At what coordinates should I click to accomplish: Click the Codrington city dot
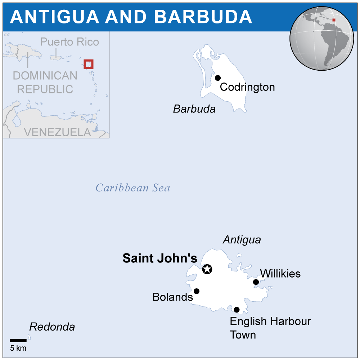pos(217,78)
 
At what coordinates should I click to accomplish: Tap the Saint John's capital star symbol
pos(207,269)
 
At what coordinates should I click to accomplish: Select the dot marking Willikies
pos(256,282)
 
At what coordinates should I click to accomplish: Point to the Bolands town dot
pos(196,291)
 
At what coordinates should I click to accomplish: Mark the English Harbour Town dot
pos(237,310)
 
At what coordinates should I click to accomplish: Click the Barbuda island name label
pos(194,109)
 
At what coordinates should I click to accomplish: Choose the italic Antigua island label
pos(242,240)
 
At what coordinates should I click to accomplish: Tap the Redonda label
pos(52,327)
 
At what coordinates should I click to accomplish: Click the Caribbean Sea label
pos(132,188)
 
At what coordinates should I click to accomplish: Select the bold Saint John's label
pos(160,258)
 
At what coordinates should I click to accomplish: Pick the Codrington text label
pos(247,87)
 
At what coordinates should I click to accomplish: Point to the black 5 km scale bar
pos(18,340)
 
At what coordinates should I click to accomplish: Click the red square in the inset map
pos(89,64)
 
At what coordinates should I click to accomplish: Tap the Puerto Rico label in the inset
pos(69,42)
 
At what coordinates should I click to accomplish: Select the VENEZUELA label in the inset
pos(58,132)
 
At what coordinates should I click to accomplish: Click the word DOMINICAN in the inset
pos(45,76)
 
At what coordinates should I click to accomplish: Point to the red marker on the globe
pos(334,20)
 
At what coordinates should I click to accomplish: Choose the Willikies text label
pos(280,274)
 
